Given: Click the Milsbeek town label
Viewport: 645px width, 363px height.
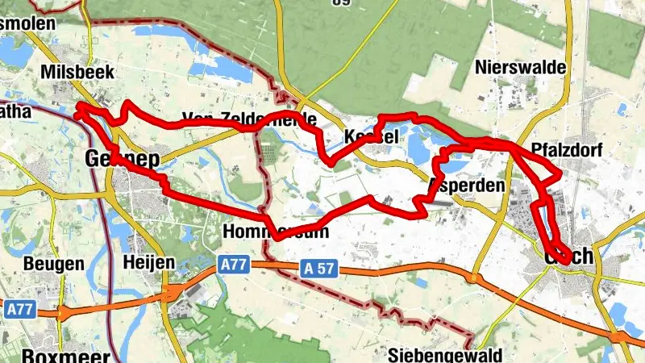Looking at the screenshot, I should click(80, 73).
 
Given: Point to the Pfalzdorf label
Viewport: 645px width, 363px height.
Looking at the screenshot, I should click(568, 150).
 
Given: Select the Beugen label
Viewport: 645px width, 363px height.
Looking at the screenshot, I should click(53, 264).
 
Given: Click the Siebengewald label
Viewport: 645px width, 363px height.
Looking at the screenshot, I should click(444, 355).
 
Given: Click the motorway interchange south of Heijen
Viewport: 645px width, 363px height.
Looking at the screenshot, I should click(171, 292).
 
